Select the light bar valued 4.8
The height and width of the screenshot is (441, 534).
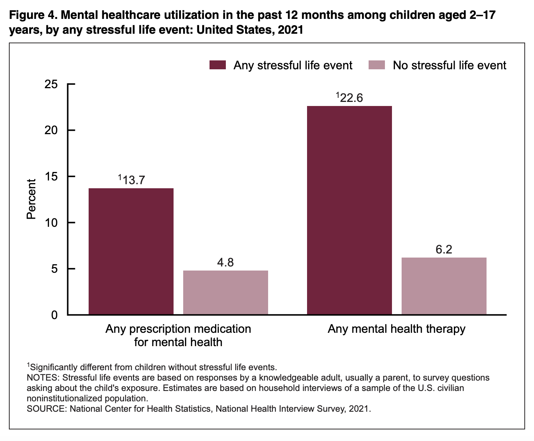225,292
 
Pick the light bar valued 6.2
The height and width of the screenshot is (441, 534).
444,286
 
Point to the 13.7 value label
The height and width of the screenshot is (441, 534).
132,180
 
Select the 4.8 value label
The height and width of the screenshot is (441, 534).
225,263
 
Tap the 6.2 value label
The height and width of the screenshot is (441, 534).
444,249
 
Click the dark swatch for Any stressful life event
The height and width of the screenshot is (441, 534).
217,65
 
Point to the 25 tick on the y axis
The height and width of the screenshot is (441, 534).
51,84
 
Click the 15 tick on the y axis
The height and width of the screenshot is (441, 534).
51,177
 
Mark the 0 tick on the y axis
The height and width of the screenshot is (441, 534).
55,315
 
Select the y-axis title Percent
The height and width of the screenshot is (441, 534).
32,199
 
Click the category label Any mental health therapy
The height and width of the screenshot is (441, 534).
396,329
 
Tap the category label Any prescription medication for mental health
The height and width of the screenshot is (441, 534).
178,335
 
